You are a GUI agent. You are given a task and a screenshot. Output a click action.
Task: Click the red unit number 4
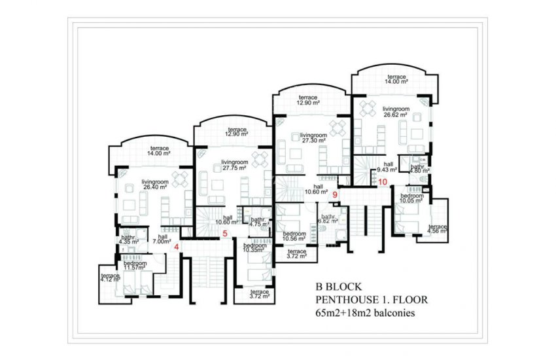(x=177, y=247)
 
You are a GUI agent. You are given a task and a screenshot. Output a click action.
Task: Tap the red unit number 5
(x=224, y=233)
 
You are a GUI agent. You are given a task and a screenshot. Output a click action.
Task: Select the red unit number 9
(x=335, y=194)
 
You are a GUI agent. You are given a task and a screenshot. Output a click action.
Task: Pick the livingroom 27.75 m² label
(x=234, y=164)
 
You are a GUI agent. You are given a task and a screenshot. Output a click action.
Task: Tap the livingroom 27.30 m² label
(x=313, y=137)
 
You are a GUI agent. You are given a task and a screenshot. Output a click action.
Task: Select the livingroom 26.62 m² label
(x=396, y=112)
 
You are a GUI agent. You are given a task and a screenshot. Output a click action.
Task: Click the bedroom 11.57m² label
(x=133, y=266)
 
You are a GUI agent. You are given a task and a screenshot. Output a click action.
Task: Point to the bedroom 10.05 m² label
(x=412, y=198)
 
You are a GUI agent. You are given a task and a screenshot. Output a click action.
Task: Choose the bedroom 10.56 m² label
(x=295, y=236)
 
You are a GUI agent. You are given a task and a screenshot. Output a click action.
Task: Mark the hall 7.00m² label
(x=162, y=239)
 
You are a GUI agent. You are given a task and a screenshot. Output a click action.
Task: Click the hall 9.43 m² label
(x=389, y=168)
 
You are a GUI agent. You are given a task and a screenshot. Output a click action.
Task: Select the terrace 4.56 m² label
(x=437, y=228)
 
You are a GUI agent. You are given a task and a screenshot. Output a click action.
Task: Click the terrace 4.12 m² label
(x=110, y=278)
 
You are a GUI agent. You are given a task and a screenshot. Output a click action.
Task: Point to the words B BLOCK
(x=338, y=287)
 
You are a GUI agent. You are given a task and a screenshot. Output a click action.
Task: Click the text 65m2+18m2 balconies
(x=365, y=314)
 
